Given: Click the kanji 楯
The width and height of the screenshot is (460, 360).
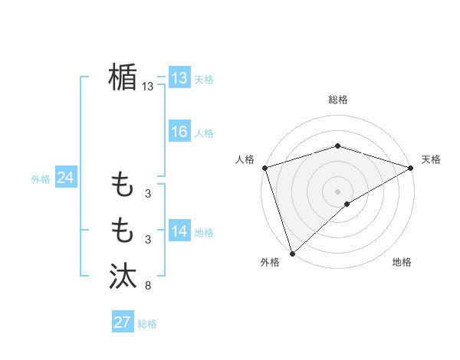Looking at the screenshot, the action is point(123,77).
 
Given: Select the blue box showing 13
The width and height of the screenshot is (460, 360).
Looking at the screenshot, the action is point(179,78).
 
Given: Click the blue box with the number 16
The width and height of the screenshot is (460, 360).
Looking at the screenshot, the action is point(179,132).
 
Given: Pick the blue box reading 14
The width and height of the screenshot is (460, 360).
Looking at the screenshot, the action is point(179,231).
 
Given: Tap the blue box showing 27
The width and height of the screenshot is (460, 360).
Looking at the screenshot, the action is point(122,322).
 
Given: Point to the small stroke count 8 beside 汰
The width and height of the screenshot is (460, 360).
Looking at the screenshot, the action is point(148,286).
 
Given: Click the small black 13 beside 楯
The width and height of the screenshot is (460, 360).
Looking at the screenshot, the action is point(147,87).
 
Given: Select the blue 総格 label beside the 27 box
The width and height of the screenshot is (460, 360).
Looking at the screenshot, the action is point(147,324).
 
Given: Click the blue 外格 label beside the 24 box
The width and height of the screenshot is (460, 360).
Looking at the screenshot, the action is point(41,179).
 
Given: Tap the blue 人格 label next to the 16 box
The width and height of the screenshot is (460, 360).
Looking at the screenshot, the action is point(204,133).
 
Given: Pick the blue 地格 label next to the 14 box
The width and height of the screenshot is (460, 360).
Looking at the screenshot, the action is point(204,233).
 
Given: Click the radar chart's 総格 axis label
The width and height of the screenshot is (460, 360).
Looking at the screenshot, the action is point(337,100).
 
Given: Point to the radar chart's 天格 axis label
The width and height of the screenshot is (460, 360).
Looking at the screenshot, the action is point(431,159).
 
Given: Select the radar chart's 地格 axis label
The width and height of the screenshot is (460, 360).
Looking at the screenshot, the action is point(402,263).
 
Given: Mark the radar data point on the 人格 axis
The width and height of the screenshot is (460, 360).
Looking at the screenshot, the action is point(264,167).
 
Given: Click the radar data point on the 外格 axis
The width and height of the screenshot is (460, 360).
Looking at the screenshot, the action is point(292,253).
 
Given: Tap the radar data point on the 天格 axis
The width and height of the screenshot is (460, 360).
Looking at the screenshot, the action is point(410,167).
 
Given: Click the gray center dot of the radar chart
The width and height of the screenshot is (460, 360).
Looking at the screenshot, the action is point(337,191).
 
